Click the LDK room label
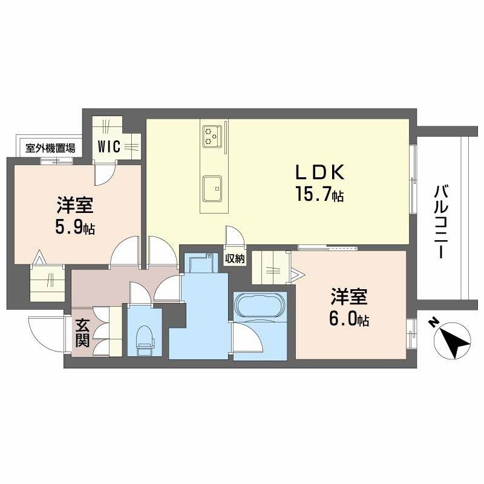320,173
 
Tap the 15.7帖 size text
319,194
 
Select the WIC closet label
109,146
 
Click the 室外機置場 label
50,148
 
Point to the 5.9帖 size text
74,227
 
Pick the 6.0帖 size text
349,319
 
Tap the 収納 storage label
235,259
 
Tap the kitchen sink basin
212,189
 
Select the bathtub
259,305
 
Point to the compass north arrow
452,341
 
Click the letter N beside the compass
433,323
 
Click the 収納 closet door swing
235,236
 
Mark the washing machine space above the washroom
201,263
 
